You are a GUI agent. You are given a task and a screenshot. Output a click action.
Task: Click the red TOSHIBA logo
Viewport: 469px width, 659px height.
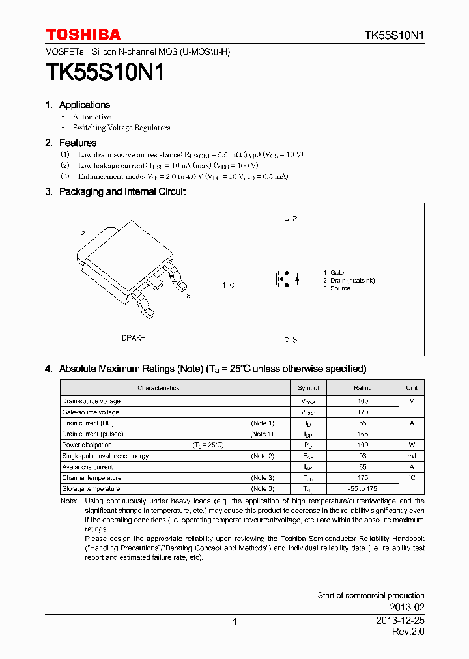tap(83, 35)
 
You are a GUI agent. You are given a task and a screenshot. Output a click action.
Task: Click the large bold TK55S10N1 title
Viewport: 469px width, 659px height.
tap(104, 72)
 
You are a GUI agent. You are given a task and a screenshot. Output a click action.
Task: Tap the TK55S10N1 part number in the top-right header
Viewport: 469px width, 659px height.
tap(394, 35)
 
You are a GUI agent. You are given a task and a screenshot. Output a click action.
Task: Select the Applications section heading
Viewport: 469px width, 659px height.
tap(85, 105)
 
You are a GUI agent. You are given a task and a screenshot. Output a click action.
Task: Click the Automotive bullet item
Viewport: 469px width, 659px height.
tap(92, 117)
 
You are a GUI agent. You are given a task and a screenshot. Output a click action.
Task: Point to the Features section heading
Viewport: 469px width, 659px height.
tap(78, 143)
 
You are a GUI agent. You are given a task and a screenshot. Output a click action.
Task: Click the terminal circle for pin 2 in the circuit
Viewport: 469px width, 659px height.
tap(287, 219)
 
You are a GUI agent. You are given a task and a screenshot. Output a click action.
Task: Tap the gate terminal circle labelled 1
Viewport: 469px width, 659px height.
tap(233, 285)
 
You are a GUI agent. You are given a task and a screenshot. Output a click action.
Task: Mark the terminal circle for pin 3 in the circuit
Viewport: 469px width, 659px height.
tap(287, 339)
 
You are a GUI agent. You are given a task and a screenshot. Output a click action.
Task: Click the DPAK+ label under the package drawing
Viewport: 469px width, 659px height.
tap(134, 338)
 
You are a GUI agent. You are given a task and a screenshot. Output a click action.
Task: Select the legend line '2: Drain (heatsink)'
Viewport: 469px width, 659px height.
tap(348, 281)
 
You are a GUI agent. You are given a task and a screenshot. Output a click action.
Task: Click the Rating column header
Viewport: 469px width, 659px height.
tap(363, 388)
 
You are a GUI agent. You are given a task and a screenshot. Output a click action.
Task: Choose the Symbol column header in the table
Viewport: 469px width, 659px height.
tap(308, 388)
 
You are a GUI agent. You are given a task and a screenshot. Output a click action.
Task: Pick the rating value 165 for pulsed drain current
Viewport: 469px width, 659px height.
tap(363, 434)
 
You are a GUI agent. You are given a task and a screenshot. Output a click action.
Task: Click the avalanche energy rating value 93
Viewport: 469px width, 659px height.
tap(363, 456)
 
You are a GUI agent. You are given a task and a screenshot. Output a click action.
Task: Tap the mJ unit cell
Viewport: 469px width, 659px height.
tap(412, 456)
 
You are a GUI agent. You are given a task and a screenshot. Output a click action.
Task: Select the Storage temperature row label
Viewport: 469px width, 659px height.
tap(91, 489)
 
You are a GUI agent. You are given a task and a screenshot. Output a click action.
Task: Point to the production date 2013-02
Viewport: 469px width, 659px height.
tap(408, 606)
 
